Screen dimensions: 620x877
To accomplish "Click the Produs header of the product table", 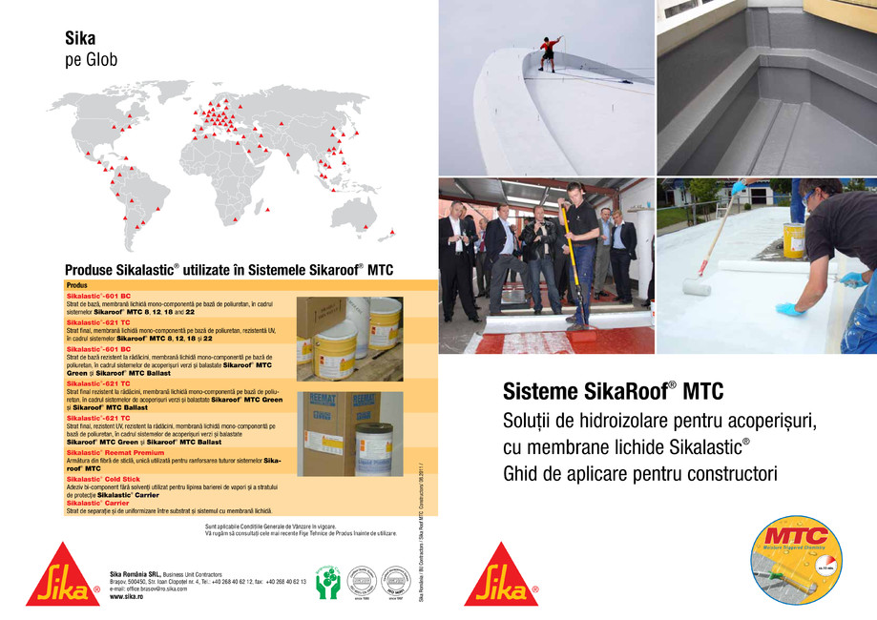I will (77, 284).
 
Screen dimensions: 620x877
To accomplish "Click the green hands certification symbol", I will (327, 582).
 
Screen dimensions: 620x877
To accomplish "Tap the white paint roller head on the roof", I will (698, 285).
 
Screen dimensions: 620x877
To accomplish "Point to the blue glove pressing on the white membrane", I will (790, 308).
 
